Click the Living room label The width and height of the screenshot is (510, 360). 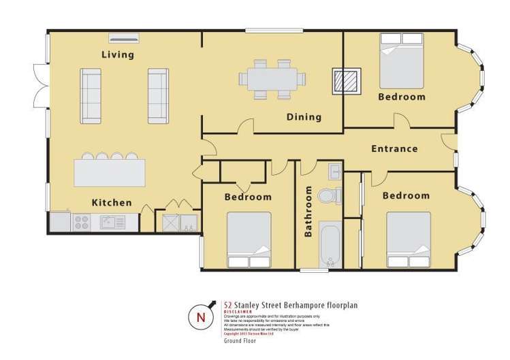point(118,54)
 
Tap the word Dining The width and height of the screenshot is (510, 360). point(304,117)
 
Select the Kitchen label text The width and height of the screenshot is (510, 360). point(112,202)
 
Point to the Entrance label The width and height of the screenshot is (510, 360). point(394,148)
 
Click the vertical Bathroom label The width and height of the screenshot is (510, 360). point(308,211)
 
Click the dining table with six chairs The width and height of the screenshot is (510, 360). point(272,78)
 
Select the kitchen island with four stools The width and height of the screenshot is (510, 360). point(110,171)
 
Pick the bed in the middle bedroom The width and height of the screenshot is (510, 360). point(249,240)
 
